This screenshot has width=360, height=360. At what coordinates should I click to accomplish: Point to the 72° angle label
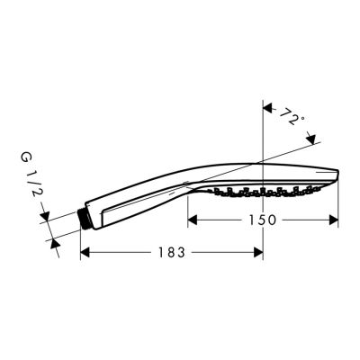(291, 118)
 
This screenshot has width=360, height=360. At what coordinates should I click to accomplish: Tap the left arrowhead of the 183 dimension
(86, 252)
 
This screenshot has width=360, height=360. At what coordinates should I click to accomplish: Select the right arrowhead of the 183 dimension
(257, 252)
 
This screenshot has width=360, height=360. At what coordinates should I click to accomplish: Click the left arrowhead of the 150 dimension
(193, 220)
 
